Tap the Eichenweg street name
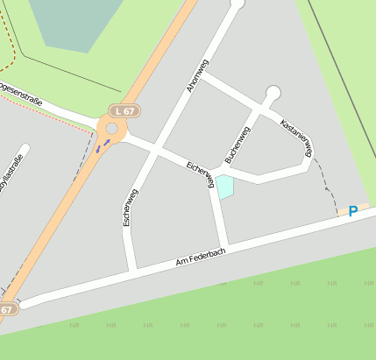tap(202, 173)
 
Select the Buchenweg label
tap(238, 144)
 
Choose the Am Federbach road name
tap(201, 256)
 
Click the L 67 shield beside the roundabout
tap(124, 110)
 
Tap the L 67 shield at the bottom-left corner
tap(7, 309)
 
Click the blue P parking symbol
tap(352, 211)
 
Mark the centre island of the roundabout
tap(111, 131)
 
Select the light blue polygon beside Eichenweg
tap(225, 187)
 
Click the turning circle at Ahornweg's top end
tap(236, 4)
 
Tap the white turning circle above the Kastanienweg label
tap(273, 93)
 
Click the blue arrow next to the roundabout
tap(103, 145)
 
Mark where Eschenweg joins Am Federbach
tap(131, 268)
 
